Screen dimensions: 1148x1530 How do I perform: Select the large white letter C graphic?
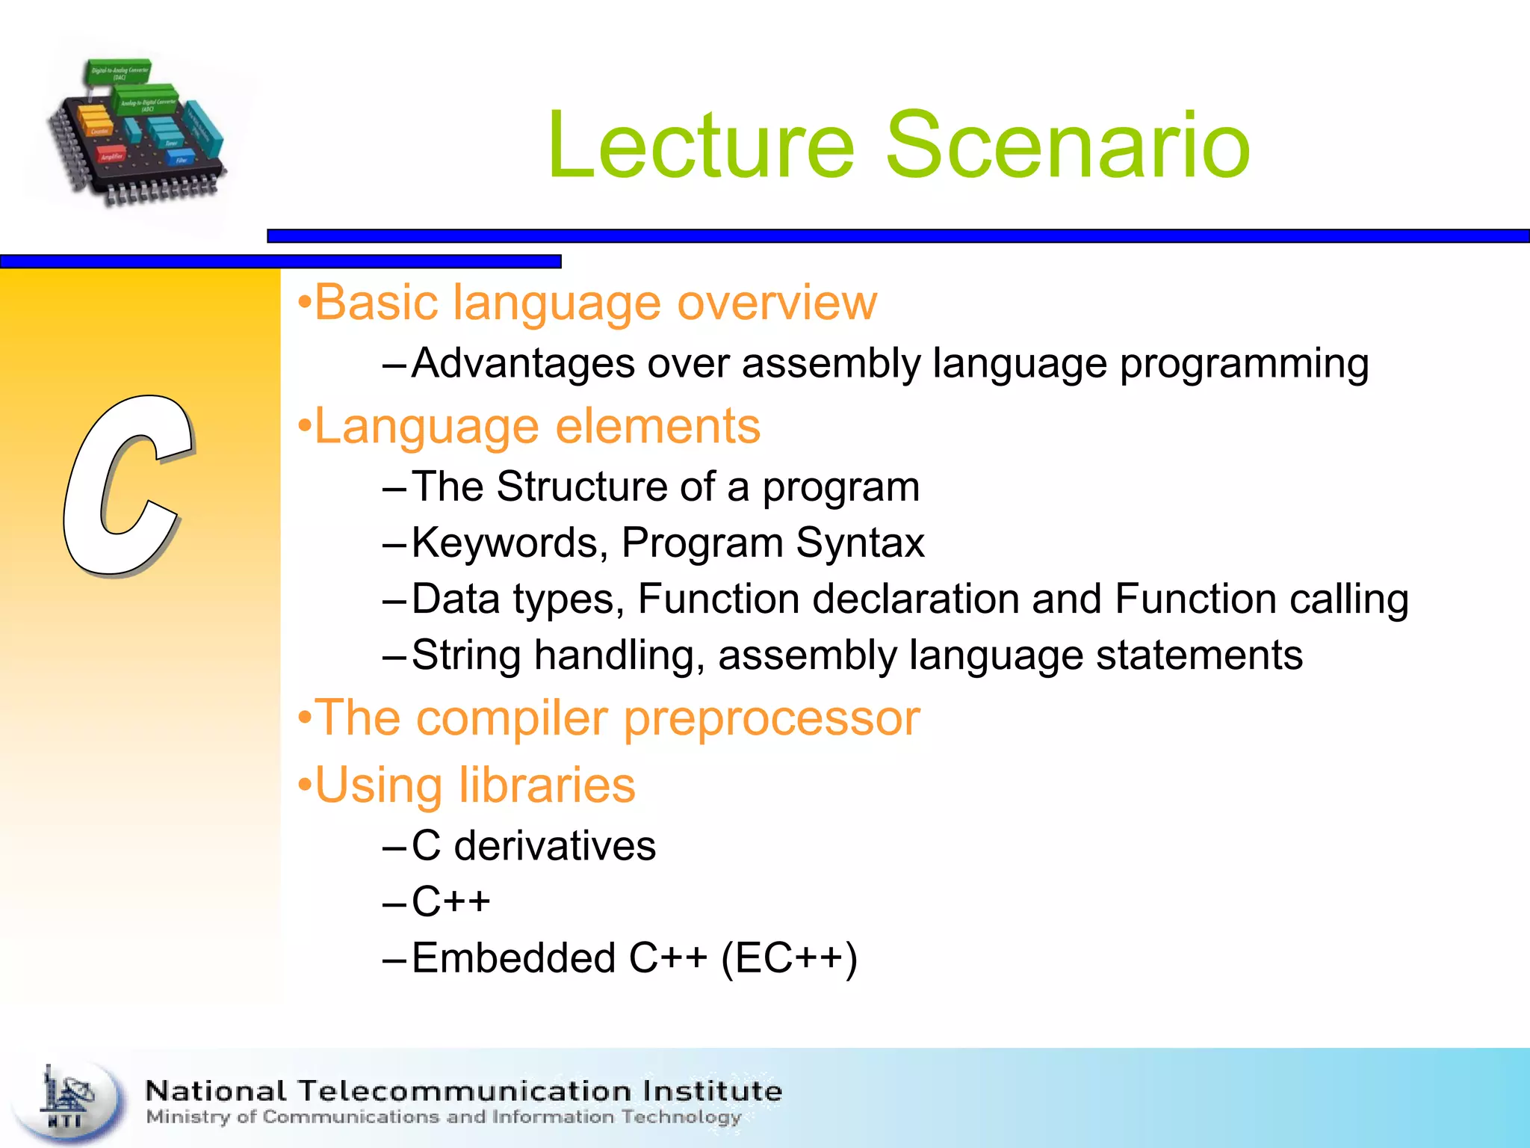coord(127,486)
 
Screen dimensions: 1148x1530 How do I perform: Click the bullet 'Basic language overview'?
coord(587,303)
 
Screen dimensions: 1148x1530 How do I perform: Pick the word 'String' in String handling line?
coord(466,655)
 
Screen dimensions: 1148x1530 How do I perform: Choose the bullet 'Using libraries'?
coord(467,786)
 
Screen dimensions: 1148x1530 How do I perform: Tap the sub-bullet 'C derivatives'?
coord(533,846)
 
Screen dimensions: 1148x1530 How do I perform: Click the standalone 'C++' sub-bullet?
coord(451,901)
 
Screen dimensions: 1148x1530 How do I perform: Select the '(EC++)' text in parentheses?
coord(789,958)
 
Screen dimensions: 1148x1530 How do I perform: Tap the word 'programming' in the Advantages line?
coord(1244,364)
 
